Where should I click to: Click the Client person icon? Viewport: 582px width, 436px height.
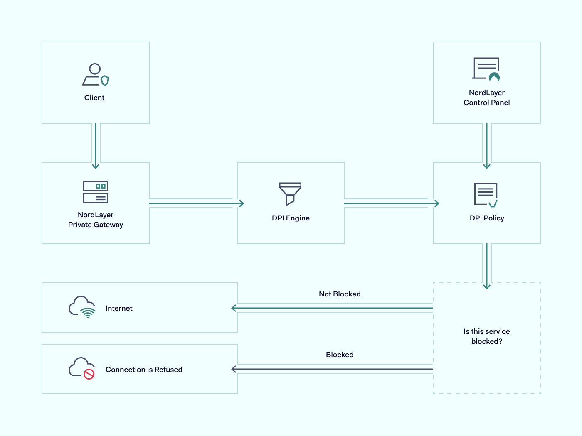tap(95, 75)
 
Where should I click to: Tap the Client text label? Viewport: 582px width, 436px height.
tap(94, 98)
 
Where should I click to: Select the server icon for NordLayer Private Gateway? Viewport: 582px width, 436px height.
tap(96, 192)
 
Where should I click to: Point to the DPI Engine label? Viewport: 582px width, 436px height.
tap(291, 218)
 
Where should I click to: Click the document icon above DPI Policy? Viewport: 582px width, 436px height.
tap(486, 194)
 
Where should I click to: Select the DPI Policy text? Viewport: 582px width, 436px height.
tap(487, 218)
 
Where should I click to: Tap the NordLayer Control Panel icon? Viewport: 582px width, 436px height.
tap(486, 69)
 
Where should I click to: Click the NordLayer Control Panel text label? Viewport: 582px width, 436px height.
tap(486, 98)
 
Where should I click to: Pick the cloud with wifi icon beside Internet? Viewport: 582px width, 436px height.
tap(82, 307)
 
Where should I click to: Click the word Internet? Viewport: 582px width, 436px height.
tap(119, 308)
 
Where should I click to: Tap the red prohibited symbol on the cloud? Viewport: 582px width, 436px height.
tap(89, 374)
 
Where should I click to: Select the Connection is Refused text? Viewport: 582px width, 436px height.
tap(144, 370)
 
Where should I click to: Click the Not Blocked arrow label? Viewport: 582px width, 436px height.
tap(340, 294)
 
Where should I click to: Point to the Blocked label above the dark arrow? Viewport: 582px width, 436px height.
tap(340, 355)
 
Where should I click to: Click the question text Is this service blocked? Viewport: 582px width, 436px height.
tap(486, 336)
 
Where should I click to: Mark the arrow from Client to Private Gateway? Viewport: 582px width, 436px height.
tap(96, 145)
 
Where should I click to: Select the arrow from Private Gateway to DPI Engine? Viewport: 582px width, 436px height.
tap(195, 203)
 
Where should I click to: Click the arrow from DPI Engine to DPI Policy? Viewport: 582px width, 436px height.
tap(391, 203)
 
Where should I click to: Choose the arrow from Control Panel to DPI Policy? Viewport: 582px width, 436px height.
tap(487, 145)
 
